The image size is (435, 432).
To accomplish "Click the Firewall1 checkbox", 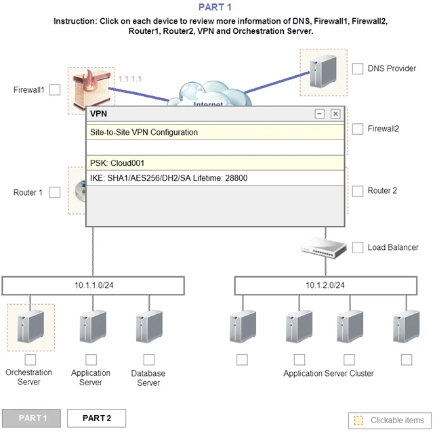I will pos(56,89).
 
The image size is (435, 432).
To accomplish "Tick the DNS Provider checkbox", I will pos(358,68).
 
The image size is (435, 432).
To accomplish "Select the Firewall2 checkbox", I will pos(358,129).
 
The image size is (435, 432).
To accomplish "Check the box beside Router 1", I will pos(55,192).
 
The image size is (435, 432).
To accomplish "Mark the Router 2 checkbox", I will pos(358,191).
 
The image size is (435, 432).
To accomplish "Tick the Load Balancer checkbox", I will pos(358,248).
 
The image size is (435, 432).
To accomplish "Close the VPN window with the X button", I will pos(335,114).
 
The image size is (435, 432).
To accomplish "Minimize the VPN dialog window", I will pos(320,114).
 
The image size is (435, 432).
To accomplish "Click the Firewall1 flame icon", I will pos(91,89).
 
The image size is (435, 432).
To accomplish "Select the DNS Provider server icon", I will pos(323,71).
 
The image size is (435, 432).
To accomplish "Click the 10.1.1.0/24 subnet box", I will pos(94,285).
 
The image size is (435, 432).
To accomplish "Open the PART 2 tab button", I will pos(96,418).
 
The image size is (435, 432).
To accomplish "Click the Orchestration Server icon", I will pos(30,326).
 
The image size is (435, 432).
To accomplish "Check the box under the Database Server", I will pos(148,360).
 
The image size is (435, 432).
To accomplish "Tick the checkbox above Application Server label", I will pos(91,360).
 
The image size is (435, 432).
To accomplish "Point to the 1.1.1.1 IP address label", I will pos(130,79).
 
